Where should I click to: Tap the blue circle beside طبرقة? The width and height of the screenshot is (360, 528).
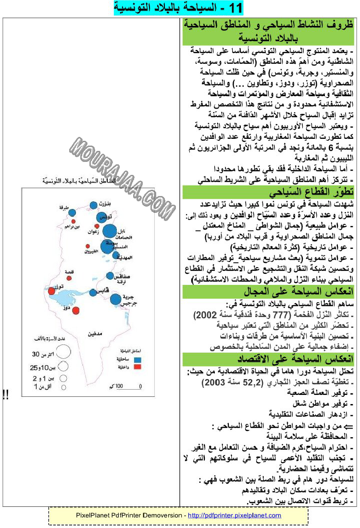(x=72, y=213)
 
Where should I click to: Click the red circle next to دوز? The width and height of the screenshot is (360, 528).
(x=75, y=311)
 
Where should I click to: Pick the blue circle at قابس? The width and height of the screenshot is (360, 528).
(x=93, y=292)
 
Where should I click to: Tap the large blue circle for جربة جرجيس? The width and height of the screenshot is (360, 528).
(x=115, y=299)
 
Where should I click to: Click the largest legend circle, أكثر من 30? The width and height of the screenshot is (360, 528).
(x=59, y=355)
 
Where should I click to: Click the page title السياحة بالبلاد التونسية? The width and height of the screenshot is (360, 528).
(x=179, y=8)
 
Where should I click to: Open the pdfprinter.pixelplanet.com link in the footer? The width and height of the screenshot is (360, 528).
(x=234, y=515)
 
